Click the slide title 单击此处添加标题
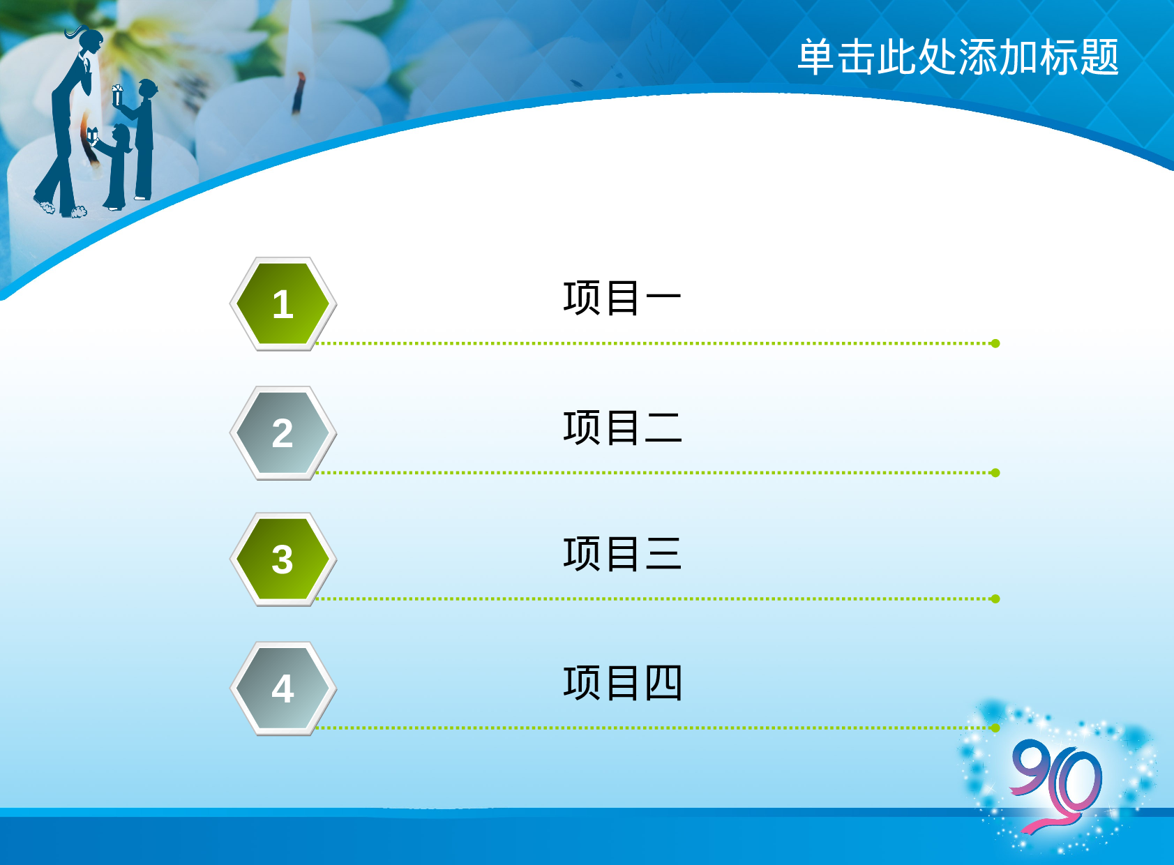957,57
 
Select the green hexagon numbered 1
283,304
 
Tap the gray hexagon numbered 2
283,433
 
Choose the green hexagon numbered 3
283,559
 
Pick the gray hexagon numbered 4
283,689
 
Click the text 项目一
622,298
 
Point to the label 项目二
622,427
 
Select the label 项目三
622,554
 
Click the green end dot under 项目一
995,343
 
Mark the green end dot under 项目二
995,473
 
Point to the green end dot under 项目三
995,599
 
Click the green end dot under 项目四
995,728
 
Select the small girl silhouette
117,167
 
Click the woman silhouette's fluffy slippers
61,209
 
